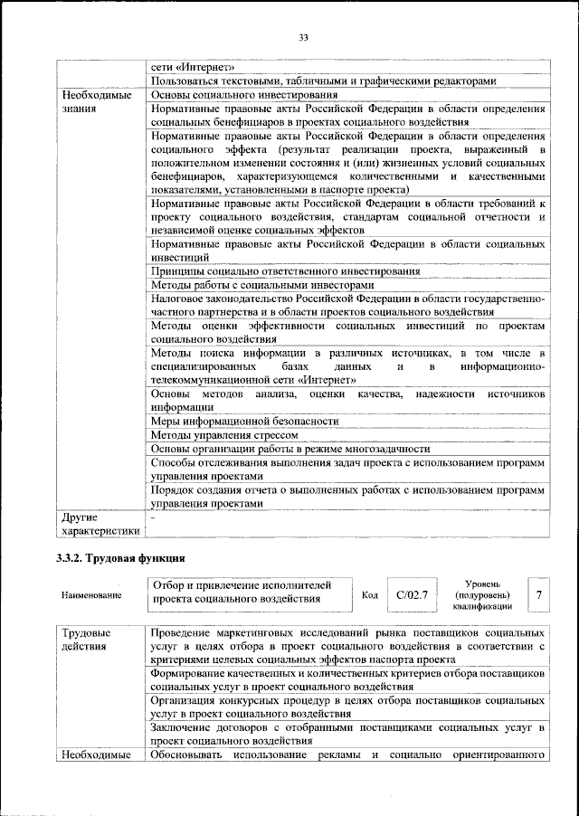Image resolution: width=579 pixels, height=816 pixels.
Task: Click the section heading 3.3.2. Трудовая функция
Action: (121, 556)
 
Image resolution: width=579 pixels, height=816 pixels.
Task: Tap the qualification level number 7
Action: (538, 594)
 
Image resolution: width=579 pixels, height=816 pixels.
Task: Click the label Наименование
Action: (90, 596)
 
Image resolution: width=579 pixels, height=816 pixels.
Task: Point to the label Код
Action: (369, 595)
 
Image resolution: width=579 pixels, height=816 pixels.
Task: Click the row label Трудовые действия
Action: (87, 639)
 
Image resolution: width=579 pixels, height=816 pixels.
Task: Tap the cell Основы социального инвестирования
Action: (244, 94)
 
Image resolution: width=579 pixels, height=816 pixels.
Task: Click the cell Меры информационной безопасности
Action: (244, 421)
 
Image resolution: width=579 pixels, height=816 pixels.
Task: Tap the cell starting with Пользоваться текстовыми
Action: (323, 81)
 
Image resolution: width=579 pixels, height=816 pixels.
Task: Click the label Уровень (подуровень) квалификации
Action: (486, 594)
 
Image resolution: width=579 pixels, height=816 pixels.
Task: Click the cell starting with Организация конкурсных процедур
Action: (347, 707)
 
